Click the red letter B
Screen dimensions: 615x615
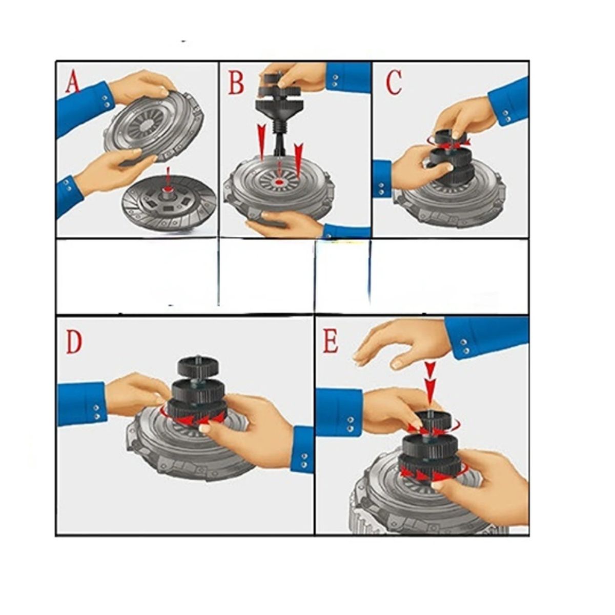236,83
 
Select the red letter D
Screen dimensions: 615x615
74,342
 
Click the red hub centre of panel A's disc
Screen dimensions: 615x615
167,190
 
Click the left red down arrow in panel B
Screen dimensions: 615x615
262,141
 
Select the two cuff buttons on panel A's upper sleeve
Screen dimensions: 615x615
107,101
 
